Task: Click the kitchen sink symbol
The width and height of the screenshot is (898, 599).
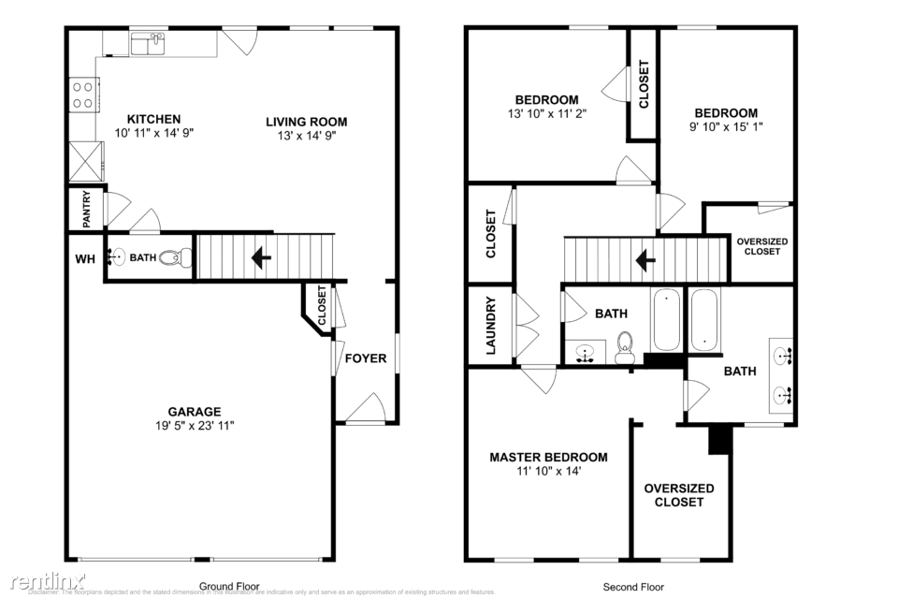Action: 147,43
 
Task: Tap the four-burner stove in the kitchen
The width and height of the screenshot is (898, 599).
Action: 82,95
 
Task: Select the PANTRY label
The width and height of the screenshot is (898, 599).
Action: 85,210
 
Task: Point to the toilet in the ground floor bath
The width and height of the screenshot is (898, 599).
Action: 170,257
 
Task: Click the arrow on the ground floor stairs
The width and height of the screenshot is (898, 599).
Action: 259,256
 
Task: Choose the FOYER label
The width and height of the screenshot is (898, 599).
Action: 365,358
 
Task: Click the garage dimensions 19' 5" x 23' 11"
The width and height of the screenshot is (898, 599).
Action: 195,426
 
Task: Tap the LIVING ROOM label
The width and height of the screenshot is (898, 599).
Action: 306,121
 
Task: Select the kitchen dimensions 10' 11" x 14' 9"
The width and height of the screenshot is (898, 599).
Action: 154,133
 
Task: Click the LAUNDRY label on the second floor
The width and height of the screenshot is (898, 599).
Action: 489,326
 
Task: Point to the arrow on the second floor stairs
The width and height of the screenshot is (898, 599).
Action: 645,259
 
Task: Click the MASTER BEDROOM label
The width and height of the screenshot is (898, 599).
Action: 548,458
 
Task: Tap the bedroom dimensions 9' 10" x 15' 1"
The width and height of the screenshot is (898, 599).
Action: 726,126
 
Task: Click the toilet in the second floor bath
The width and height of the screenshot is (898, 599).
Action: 626,347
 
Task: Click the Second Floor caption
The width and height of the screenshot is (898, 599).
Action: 633,587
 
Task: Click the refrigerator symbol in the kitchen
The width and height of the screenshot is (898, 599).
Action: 85,160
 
